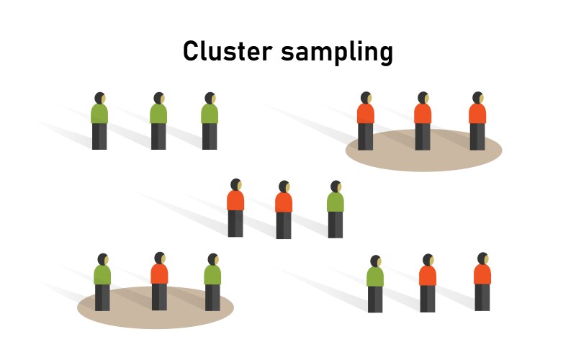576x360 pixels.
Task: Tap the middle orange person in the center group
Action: tap(284, 208)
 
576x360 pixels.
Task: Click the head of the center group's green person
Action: tap(336, 186)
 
